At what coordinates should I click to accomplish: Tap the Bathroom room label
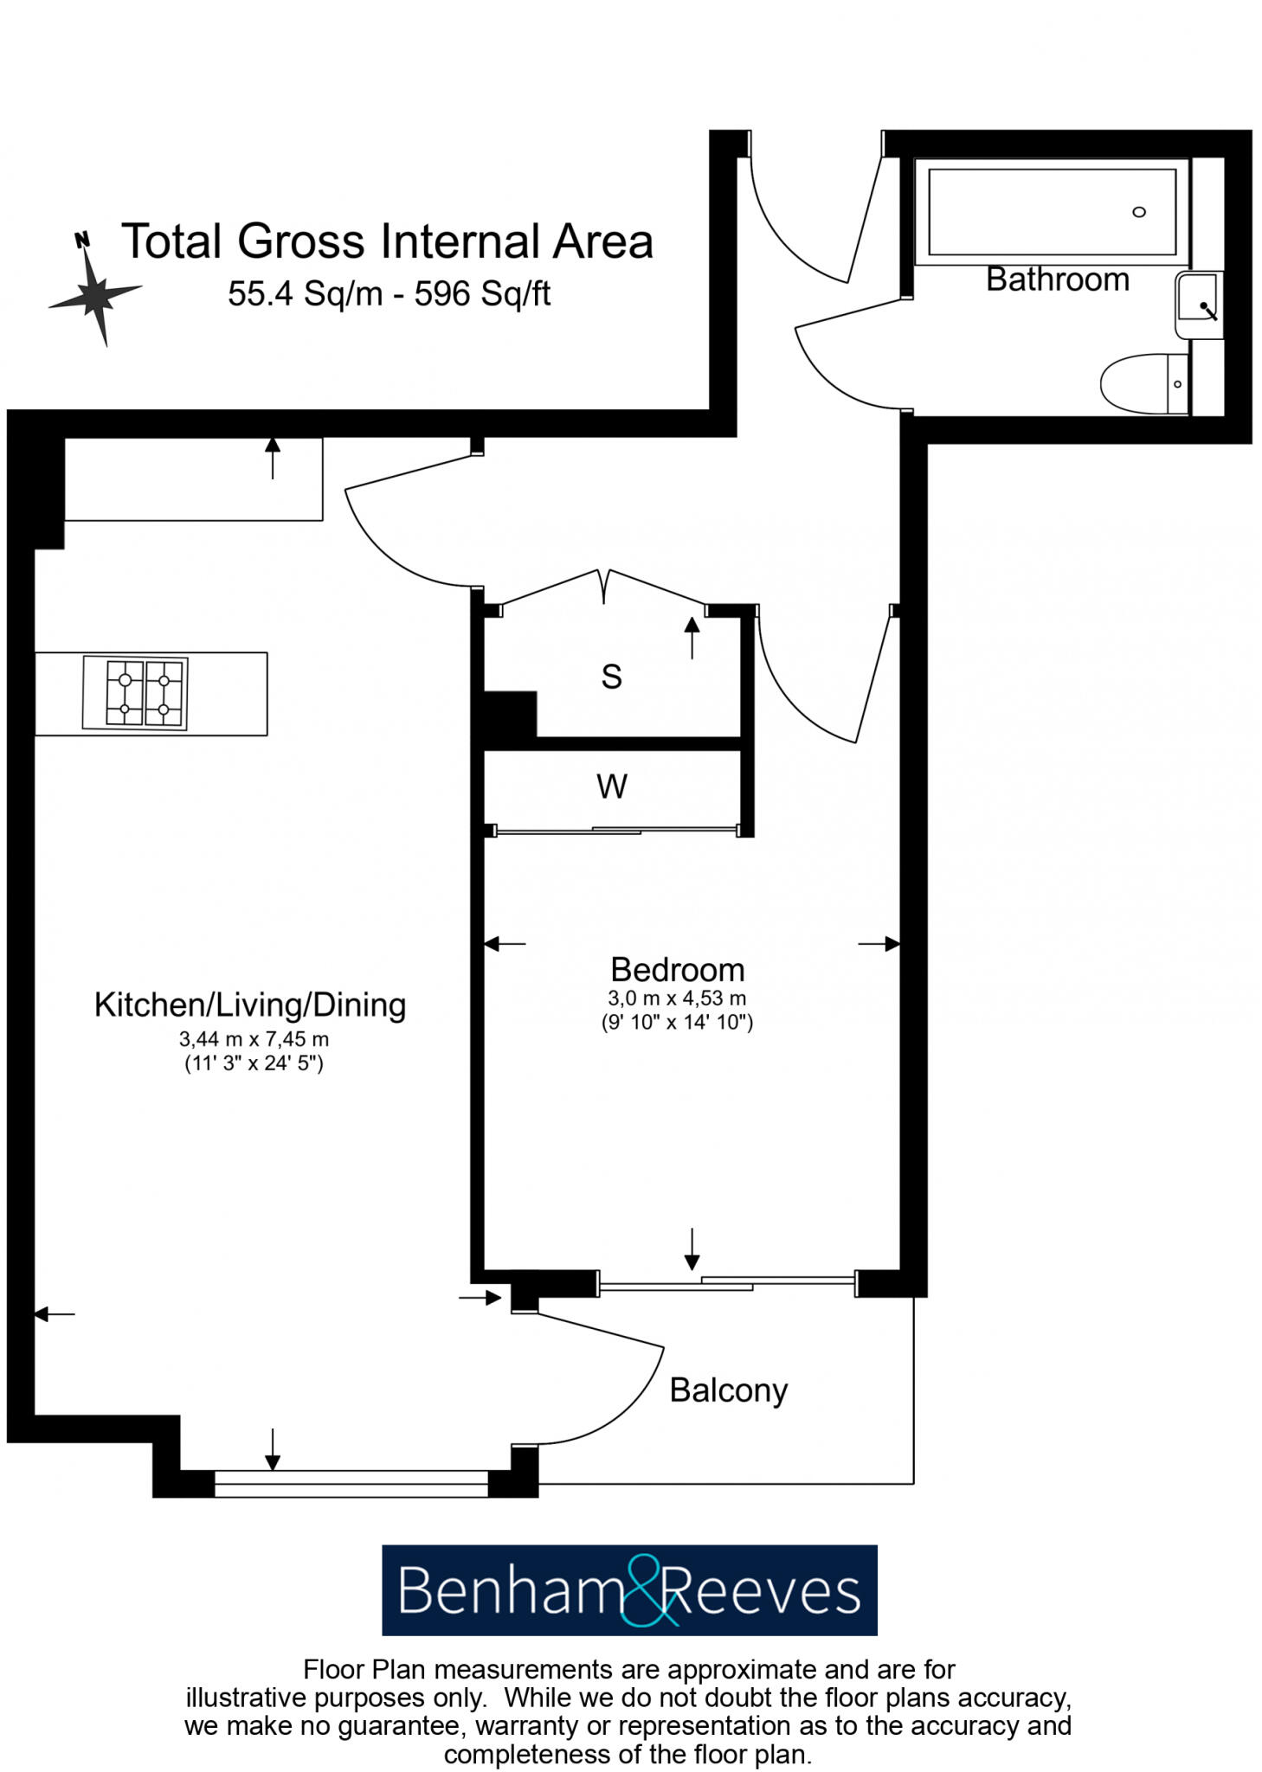1057,279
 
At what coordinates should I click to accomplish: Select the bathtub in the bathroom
1051,212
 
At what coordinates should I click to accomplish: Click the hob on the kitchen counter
135,693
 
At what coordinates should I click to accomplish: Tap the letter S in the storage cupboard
611,677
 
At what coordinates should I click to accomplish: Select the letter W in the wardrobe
611,786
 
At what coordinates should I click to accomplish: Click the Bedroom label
677,969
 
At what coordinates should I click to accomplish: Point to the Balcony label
728,1390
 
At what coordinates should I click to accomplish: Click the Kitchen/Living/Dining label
249,1005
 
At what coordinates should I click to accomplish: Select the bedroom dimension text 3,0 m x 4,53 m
677,998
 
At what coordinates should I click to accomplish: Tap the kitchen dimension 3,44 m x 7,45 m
254,1039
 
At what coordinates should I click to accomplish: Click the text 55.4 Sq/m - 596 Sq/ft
389,294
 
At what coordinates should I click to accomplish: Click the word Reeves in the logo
762,1590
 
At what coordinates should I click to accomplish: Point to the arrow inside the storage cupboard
692,639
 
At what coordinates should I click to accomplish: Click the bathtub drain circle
1139,212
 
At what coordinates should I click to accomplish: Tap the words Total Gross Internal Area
387,241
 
